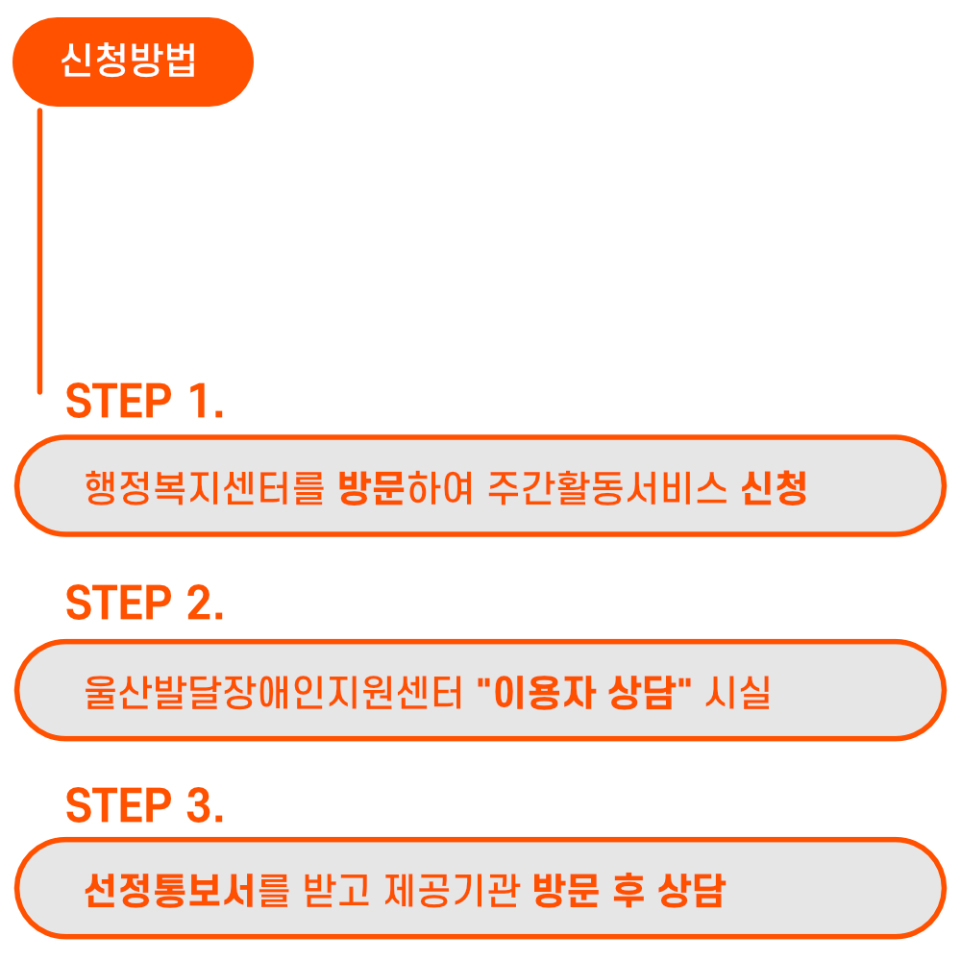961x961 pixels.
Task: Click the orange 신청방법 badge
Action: click(133, 62)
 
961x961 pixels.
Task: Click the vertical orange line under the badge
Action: click(39, 250)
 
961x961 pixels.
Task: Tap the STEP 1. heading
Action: click(144, 402)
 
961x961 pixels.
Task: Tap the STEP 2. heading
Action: click(144, 603)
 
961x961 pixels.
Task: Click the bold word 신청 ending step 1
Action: click(774, 488)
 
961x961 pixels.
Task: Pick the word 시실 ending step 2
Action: click(738, 692)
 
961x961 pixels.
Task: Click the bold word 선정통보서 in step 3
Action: click(169, 891)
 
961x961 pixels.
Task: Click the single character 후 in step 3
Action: click(628, 891)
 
